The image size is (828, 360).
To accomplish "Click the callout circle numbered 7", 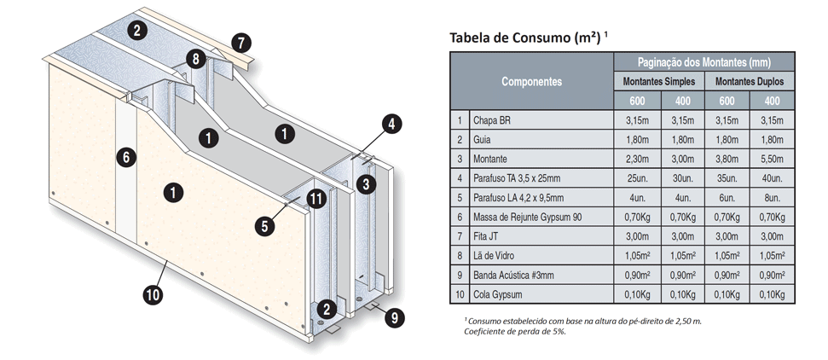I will (241, 41).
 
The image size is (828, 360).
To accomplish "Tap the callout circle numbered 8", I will (196, 59).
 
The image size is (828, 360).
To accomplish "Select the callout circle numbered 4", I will (390, 124).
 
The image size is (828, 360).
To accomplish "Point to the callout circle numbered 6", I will (125, 157).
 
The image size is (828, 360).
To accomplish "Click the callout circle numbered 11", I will (316, 200).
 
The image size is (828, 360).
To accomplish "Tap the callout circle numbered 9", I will (393, 317).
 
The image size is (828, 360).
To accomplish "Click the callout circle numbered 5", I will (265, 226).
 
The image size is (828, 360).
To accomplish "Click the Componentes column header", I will (531, 81).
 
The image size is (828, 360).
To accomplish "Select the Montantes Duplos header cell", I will (750, 82).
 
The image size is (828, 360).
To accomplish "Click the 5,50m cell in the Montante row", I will (773, 158).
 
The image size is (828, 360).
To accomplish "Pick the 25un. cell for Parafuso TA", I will (636, 177).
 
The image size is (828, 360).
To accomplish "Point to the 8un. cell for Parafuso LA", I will (773, 197).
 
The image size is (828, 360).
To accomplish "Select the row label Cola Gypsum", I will (497, 294).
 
